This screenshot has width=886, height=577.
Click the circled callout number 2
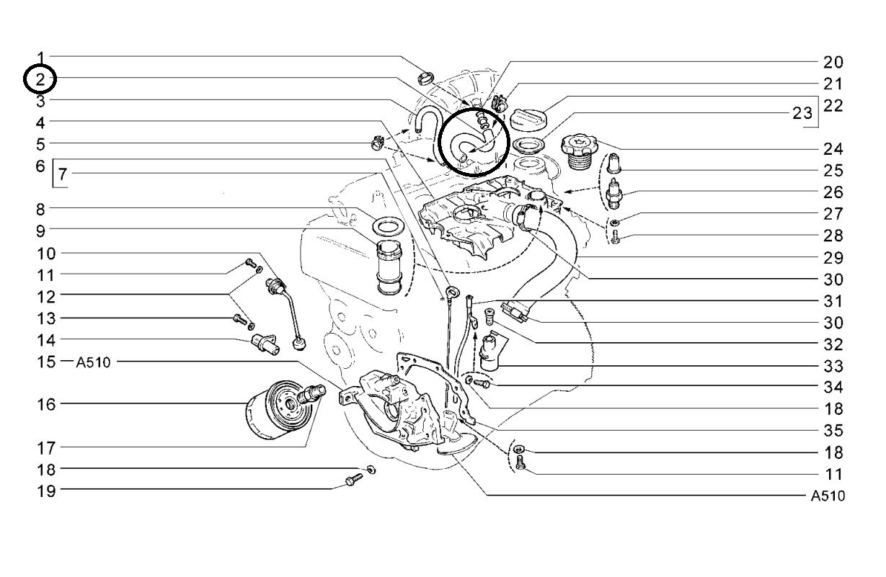(x=40, y=79)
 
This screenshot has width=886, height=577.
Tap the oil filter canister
(x=280, y=409)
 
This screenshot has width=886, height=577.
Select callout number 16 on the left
(x=47, y=404)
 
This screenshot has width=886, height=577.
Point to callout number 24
(x=833, y=149)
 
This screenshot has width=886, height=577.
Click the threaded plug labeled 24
(x=579, y=151)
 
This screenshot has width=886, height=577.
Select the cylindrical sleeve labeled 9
(x=389, y=268)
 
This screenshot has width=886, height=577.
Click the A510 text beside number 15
(x=93, y=362)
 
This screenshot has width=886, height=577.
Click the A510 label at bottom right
(x=828, y=496)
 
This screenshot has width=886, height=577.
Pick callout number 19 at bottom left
(x=47, y=491)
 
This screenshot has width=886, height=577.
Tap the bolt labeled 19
(x=354, y=480)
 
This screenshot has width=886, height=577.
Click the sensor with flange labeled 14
(x=265, y=343)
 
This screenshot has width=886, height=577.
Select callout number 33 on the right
(x=833, y=366)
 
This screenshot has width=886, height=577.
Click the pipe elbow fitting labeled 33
(x=489, y=352)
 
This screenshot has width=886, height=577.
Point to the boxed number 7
(x=63, y=174)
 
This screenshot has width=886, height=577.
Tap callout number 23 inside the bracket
(x=802, y=113)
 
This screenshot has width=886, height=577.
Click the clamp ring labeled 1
(x=426, y=79)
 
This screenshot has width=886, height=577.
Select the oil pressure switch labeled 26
(x=614, y=194)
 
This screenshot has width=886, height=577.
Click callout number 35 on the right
(x=833, y=430)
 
